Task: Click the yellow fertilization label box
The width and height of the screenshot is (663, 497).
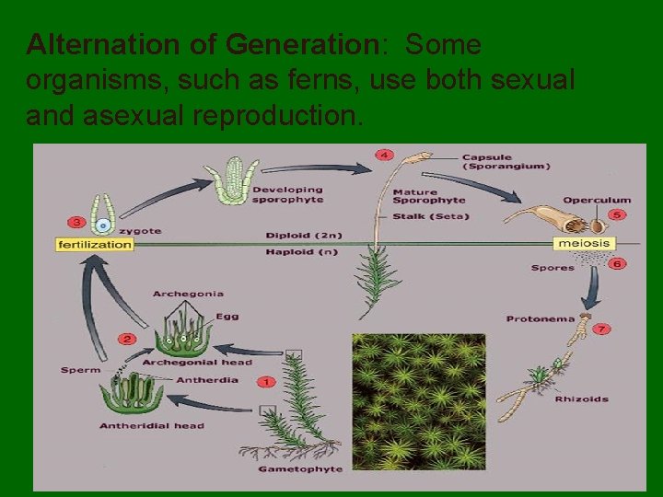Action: (x=95, y=245)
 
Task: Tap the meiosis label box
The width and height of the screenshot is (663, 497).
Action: (x=583, y=244)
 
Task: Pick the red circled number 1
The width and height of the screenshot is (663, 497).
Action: (x=266, y=380)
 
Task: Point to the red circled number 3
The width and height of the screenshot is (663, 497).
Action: (x=76, y=222)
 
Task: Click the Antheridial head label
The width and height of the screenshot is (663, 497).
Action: (x=152, y=426)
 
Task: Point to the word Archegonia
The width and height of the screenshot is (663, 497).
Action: (x=188, y=294)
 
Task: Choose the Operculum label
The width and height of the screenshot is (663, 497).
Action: (x=597, y=200)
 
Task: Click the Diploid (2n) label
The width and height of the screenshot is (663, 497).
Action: (x=301, y=235)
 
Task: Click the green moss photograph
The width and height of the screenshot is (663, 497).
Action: (x=418, y=401)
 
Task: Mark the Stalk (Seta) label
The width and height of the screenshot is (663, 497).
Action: (x=430, y=216)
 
